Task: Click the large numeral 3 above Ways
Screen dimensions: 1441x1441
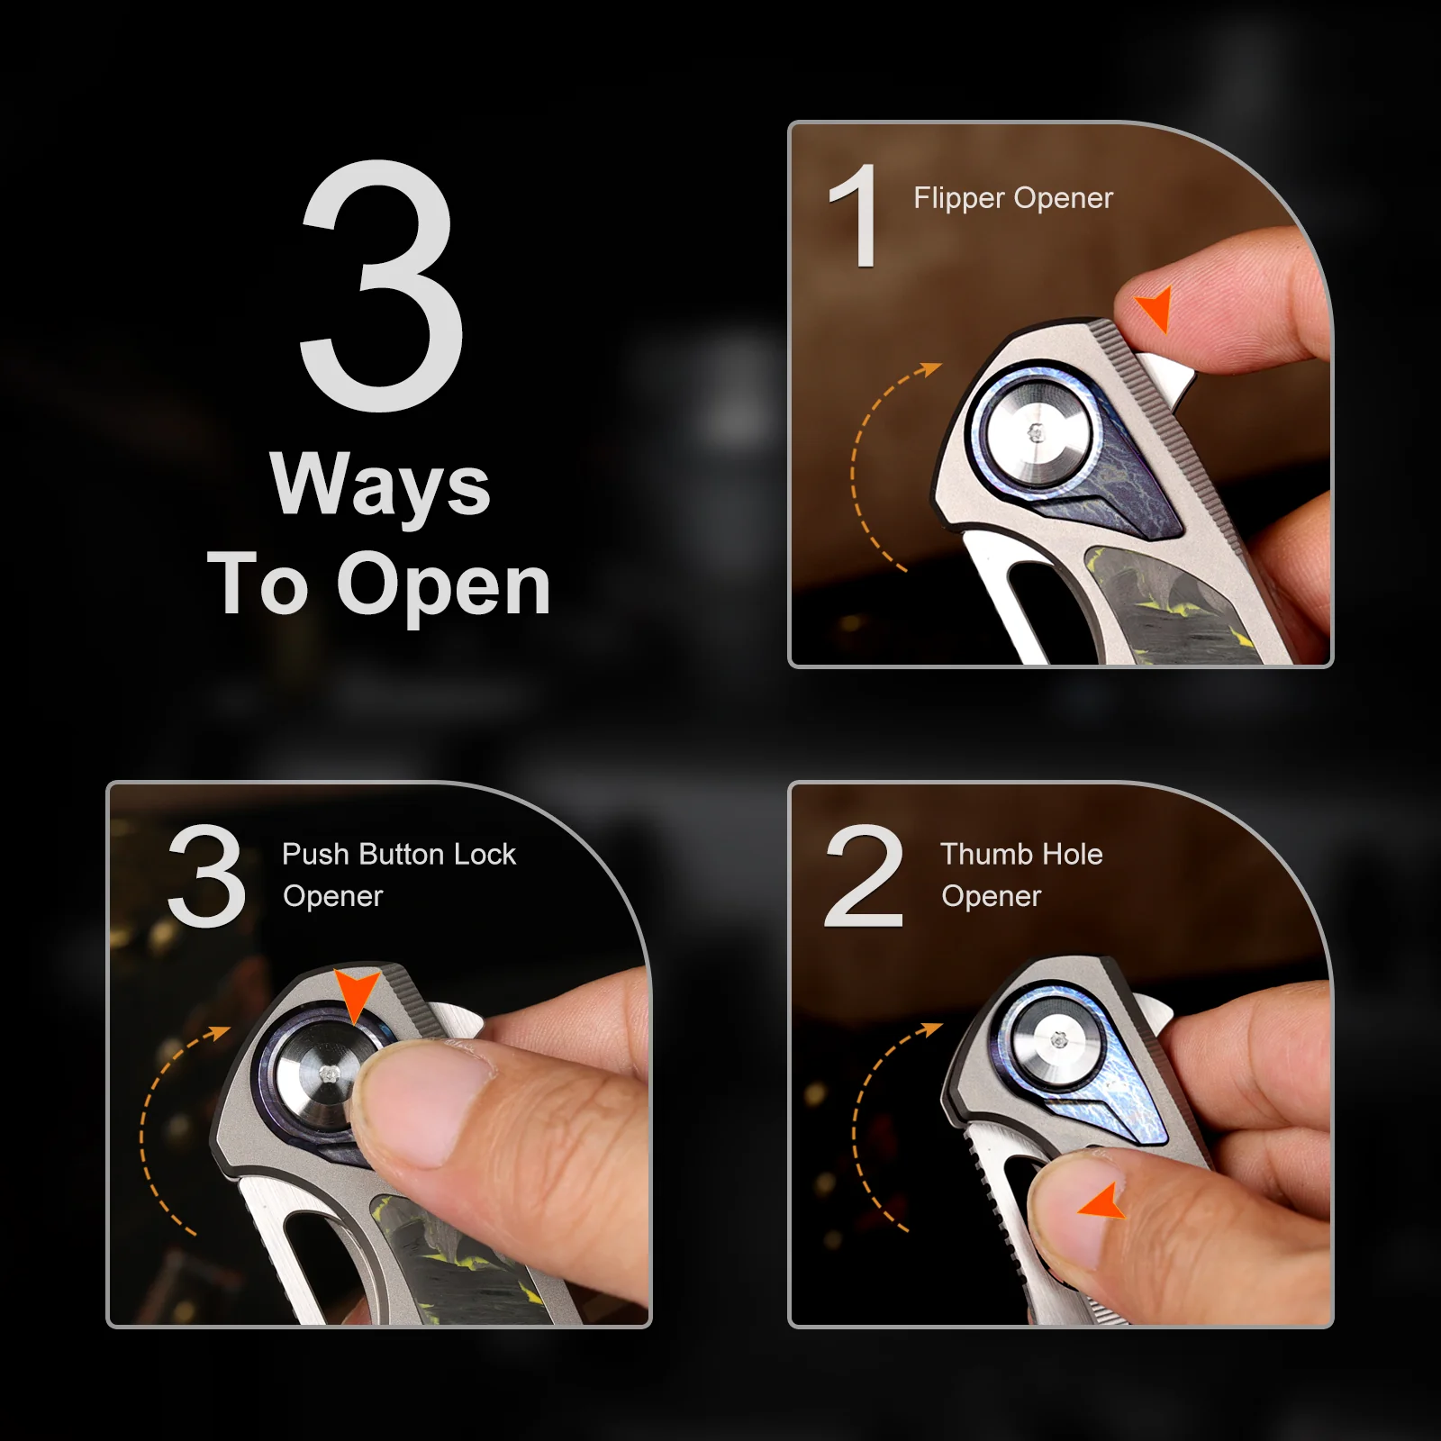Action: (383, 286)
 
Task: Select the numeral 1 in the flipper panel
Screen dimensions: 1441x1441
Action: (855, 215)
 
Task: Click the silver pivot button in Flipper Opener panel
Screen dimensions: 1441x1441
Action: (1038, 432)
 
